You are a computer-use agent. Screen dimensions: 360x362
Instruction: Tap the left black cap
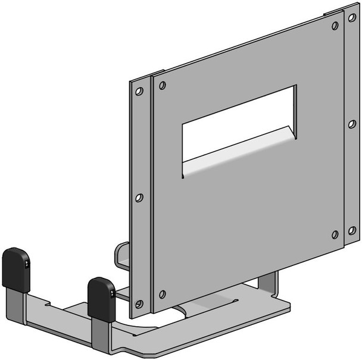coord(16,269)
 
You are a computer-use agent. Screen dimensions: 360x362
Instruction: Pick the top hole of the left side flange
coord(139,92)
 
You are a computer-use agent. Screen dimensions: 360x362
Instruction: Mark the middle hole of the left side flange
coord(139,198)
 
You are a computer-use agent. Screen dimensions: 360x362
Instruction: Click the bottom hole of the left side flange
coord(139,304)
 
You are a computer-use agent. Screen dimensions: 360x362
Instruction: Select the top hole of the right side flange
coord(352,18)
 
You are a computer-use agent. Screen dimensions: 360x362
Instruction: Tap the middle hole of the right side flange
coord(352,124)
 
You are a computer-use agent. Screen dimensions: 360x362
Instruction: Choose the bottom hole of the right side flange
coord(352,230)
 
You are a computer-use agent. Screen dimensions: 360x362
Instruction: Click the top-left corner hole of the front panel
coord(162,86)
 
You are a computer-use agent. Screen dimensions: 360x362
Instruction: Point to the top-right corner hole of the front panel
coord(335,26)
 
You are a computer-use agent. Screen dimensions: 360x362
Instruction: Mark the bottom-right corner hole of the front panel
coord(335,234)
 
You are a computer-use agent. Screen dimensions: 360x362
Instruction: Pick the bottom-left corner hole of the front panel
coord(162,294)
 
